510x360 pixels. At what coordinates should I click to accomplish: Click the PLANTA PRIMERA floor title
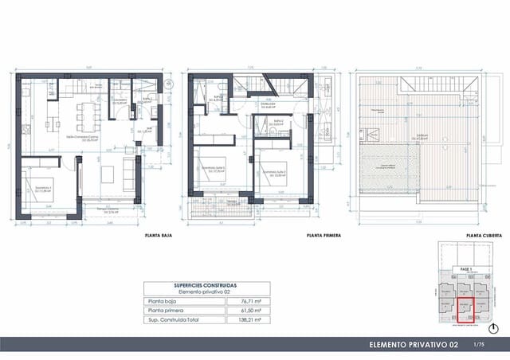pyautogui.click(x=323, y=237)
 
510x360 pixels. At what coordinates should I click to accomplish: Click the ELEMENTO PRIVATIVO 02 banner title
pyautogui.click(x=414, y=344)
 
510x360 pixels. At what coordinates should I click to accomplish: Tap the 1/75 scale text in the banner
pyautogui.click(x=478, y=344)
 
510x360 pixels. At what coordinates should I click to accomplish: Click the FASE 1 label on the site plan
pyautogui.click(x=465, y=271)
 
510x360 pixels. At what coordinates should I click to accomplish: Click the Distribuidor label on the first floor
pyautogui.click(x=267, y=103)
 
